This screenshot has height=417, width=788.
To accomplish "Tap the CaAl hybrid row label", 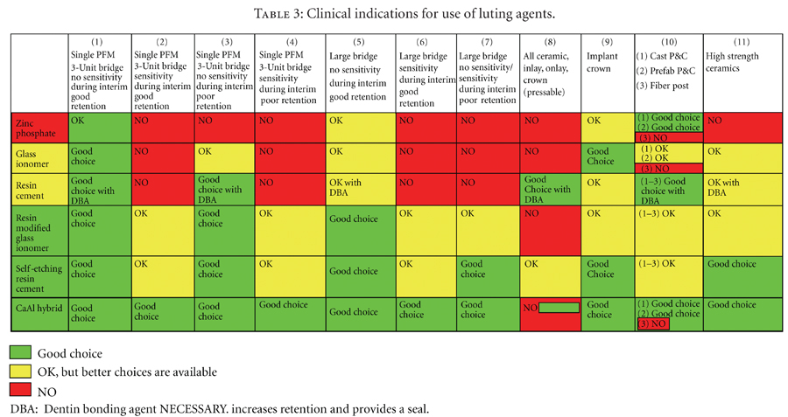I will tap(35, 308).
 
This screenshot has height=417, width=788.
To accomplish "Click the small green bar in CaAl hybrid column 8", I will tap(558, 308).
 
